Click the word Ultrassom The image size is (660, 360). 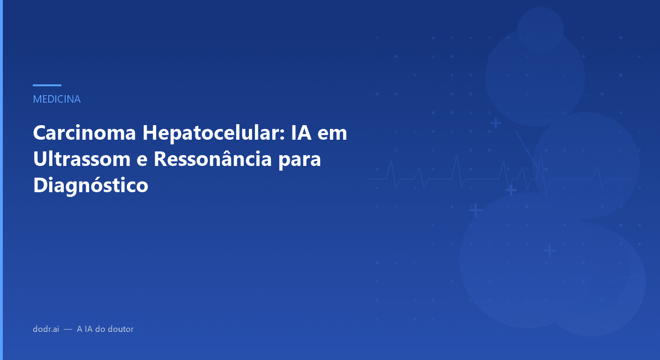click(81, 159)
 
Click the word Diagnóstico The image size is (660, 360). click(90, 185)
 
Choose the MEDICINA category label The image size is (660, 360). click(57, 99)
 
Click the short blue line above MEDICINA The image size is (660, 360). click(47, 85)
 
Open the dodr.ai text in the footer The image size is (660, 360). click(46, 329)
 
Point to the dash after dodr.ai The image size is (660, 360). click(68, 329)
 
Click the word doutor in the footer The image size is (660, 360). click(121, 329)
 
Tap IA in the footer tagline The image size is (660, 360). click(88, 329)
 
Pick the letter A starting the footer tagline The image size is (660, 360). click(80, 329)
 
